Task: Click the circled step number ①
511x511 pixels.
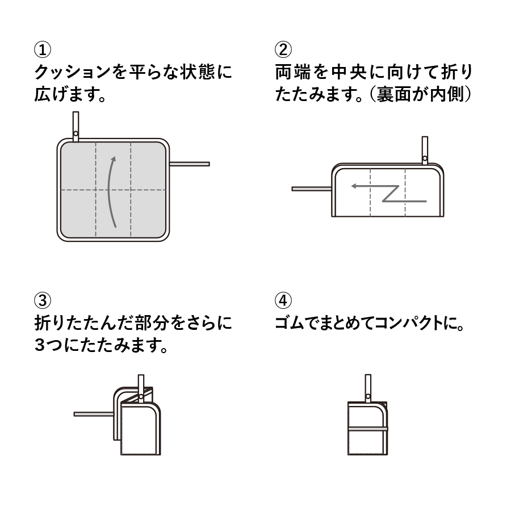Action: click(43, 50)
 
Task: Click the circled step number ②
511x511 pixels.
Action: click(282, 50)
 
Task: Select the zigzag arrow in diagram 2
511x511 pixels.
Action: click(392, 193)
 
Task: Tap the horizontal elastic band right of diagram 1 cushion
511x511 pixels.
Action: click(190, 164)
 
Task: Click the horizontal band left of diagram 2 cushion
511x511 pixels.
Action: click(311, 189)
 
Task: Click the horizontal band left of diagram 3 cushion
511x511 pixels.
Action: click(94, 414)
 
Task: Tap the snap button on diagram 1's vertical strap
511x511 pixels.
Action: click(76, 134)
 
